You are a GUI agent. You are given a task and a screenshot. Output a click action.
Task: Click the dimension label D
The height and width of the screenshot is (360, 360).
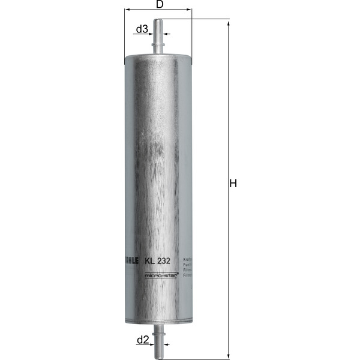(x=159, y=5)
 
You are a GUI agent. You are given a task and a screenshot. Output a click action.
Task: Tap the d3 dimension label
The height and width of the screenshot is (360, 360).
(x=142, y=29)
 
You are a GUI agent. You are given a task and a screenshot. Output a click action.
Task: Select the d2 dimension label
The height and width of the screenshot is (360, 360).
(x=142, y=340)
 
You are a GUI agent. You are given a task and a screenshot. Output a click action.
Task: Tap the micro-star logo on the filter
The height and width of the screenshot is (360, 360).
(x=159, y=275)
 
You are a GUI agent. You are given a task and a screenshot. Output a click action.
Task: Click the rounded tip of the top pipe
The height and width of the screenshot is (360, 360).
(x=159, y=21)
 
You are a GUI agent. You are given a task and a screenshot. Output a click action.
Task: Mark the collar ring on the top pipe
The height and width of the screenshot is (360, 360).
(x=159, y=43)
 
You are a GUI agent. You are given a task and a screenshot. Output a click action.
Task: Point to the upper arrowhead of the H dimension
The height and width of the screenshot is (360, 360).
(x=228, y=22)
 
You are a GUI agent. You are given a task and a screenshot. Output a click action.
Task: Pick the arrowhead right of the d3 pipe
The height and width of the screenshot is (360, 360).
(x=166, y=34)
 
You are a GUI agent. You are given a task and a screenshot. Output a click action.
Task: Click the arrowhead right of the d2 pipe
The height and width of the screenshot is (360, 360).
(x=166, y=344)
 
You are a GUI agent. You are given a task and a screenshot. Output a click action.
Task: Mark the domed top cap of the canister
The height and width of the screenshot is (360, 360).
(x=159, y=54)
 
